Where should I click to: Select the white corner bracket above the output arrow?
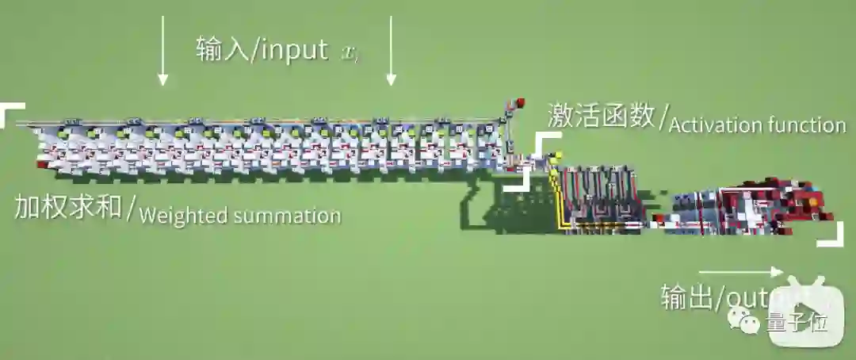coord(833,236)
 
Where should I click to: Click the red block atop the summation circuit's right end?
coord(521,101)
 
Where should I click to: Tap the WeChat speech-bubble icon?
coord(748,322)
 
